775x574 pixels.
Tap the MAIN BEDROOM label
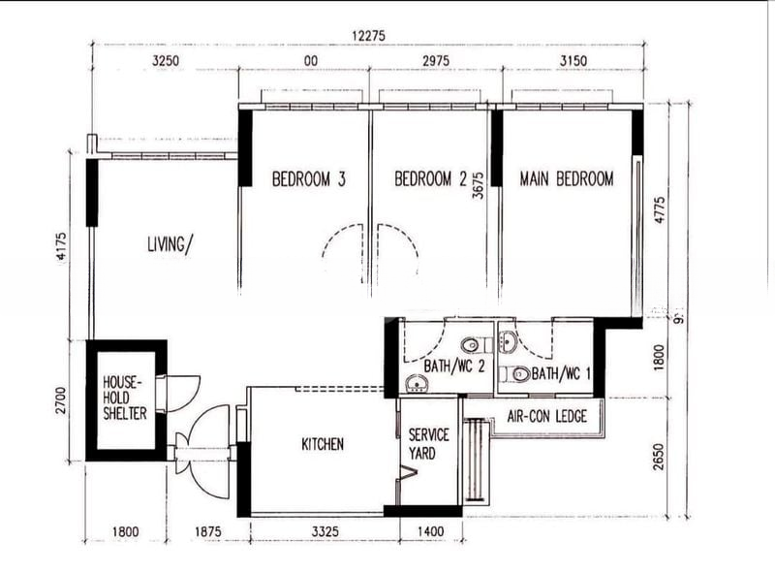(567, 179)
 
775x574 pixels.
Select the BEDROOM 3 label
(309, 179)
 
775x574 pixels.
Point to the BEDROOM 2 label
(431, 179)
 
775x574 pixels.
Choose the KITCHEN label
(323, 444)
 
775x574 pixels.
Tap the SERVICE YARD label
(427, 444)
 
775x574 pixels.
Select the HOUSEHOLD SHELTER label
(126, 398)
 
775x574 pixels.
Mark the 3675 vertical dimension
(478, 185)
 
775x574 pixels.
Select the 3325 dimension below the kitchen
(325, 530)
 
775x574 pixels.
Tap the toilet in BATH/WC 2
(471, 344)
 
